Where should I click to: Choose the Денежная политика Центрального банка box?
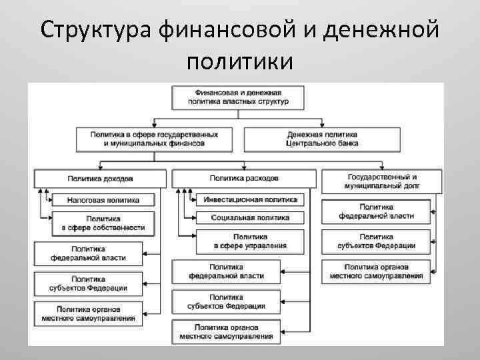pyautogui.click(x=322, y=138)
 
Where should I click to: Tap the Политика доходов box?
pyautogui.click(x=100, y=179)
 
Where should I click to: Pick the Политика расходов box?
pyautogui.click(x=244, y=179)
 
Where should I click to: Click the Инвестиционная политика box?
pyautogui.click(x=249, y=199)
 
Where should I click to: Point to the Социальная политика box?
pyautogui.click(x=249, y=217)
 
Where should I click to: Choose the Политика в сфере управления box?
pyautogui.click(x=249, y=241)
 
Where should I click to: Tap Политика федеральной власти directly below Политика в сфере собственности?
pyautogui.click(x=89, y=254)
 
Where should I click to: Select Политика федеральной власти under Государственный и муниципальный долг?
pyautogui.click(x=376, y=211)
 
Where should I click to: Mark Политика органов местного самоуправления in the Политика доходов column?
pyautogui.click(x=89, y=313)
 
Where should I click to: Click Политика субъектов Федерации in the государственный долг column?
pyautogui.click(x=376, y=241)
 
